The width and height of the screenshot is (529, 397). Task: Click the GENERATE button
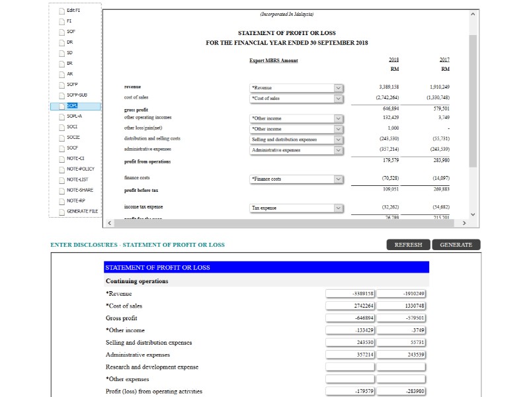click(456, 245)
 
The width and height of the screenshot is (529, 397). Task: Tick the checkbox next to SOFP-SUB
click(61, 95)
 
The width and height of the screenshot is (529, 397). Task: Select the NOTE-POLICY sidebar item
click(80, 169)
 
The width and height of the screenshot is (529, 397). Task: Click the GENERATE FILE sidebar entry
click(82, 211)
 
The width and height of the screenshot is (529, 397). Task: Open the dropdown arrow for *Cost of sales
click(339, 99)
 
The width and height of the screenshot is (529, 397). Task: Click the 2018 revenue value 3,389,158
click(389, 87)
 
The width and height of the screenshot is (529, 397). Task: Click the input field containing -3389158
click(350, 294)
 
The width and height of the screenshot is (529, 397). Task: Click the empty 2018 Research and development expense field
click(350, 367)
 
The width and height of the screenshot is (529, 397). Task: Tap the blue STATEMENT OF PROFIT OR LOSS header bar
click(266, 267)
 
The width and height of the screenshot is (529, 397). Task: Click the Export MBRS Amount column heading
click(274, 61)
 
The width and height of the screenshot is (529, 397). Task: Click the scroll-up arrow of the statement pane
click(472, 14)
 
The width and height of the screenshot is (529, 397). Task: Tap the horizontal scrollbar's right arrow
click(464, 224)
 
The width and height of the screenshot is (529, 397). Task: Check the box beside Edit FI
click(61, 11)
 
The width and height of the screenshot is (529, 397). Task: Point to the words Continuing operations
click(137, 281)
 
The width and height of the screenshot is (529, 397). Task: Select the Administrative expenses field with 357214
click(350, 355)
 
